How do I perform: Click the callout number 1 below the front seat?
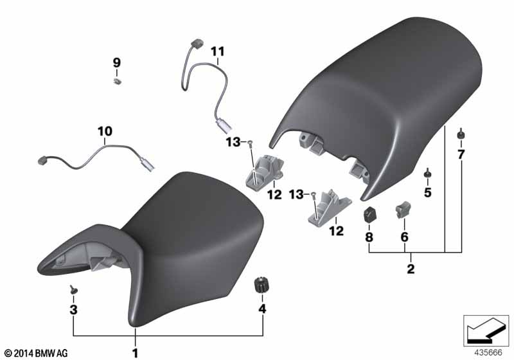(135, 353)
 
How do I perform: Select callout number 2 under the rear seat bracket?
(411, 269)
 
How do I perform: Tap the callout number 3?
(73, 309)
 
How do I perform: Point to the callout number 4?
(262, 309)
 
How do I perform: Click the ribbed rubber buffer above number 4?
(261, 285)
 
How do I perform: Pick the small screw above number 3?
(73, 289)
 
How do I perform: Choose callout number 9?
(117, 62)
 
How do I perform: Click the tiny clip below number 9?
(117, 81)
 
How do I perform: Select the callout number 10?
(105, 132)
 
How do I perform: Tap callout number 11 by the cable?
(218, 51)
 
